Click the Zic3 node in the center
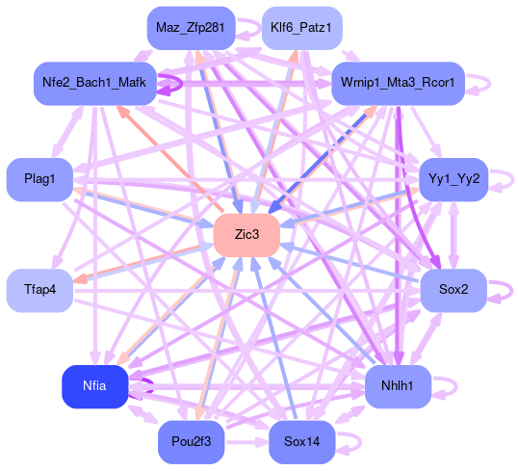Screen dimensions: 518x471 coord(246,235)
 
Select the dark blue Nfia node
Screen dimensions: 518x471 coord(94,386)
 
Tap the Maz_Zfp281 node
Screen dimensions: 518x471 coord(191,28)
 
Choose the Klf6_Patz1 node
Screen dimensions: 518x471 coord(302,28)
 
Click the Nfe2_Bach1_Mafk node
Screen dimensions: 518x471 coord(94,83)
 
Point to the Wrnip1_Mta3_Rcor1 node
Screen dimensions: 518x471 coord(398,83)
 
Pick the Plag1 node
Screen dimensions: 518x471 coord(39,179)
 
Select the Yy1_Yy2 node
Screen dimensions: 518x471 coord(453,179)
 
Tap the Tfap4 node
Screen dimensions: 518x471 coord(39,290)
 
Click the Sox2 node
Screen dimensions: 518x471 coord(453,290)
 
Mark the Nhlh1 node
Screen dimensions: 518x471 coord(398,386)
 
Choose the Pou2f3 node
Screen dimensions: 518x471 coord(191,442)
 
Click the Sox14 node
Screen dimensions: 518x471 coord(302,442)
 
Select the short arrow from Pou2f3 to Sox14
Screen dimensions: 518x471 coord(246,442)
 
